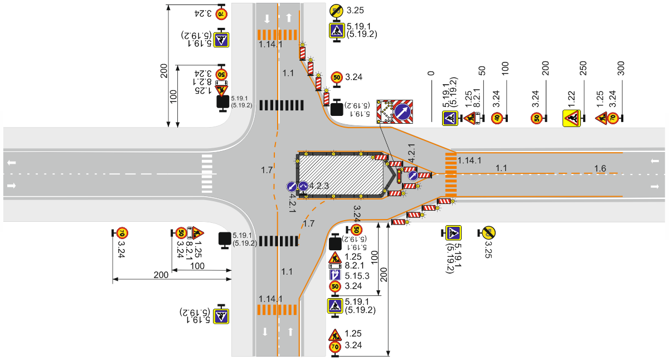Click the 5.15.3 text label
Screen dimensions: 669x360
click(357, 276)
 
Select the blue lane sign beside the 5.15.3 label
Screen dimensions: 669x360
click(335, 275)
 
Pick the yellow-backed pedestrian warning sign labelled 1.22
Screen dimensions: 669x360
click(571, 118)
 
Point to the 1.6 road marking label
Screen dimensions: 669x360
click(600, 169)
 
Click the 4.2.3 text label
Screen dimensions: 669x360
click(319, 186)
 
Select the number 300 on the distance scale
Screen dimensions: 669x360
click(620, 68)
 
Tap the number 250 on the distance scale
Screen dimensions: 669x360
click(583, 68)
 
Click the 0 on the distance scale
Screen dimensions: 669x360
click(430, 73)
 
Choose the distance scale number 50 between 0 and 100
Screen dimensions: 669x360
click(482, 71)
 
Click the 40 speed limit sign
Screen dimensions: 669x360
click(497, 118)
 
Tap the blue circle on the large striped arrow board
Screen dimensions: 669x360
click(403, 112)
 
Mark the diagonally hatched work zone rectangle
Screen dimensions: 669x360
click(341, 175)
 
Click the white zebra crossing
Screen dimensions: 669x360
click(207, 174)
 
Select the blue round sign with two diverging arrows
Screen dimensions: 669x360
click(303, 187)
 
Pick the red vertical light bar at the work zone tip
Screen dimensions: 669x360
click(399, 176)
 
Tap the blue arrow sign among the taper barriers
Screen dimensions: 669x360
click(413, 176)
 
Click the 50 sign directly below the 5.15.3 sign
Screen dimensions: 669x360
click(335, 286)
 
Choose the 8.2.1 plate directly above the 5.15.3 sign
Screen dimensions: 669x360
click(335, 266)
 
